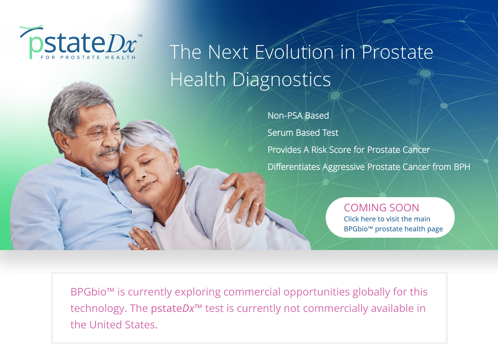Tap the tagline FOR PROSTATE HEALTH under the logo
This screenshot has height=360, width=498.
coord(88,58)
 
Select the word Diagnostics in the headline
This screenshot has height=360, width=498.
coord(282,80)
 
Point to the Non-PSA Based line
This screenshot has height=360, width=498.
coord(298,116)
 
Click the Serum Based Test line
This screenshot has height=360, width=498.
coord(303,133)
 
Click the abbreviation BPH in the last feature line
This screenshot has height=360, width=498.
coord(462,167)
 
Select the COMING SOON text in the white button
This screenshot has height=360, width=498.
coord(381,208)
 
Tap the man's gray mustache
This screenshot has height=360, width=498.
coord(107,152)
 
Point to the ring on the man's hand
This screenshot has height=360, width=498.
coord(256,205)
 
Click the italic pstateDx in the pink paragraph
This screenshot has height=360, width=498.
coord(173,309)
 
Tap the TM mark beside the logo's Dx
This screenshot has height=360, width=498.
coord(140,36)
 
